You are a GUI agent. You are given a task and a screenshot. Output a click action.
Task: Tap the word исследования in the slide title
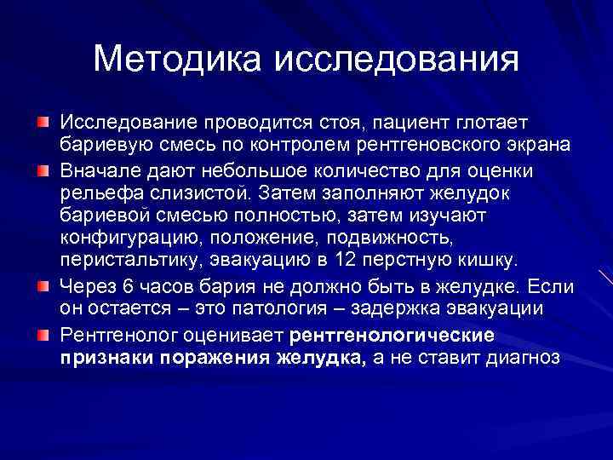(397, 60)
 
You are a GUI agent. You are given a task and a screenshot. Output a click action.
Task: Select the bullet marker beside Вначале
(43, 170)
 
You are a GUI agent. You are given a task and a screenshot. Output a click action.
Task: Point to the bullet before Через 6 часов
(43, 285)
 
